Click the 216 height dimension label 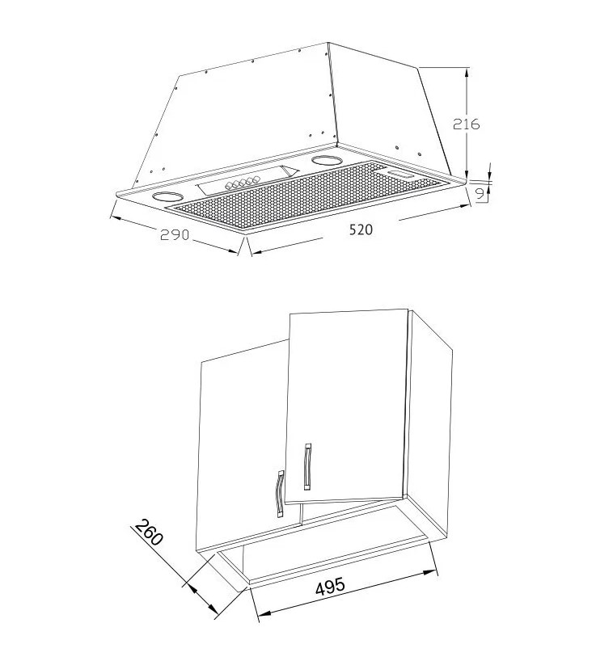pyautogui.click(x=466, y=124)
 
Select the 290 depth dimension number pyautogui.click(x=175, y=234)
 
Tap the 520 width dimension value pyautogui.click(x=361, y=229)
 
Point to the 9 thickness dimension pyautogui.click(x=480, y=194)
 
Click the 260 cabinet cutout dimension pyautogui.click(x=149, y=533)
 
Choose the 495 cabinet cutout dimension pyautogui.click(x=330, y=587)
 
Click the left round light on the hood pyautogui.click(x=167, y=196)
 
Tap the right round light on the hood pyautogui.click(x=327, y=160)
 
